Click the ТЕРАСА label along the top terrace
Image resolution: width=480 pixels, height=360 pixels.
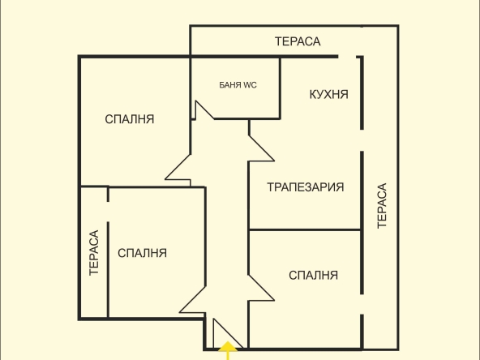[298, 41]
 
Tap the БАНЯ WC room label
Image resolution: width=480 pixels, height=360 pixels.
[238, 84]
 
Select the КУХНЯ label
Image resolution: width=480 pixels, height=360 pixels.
[328, 95]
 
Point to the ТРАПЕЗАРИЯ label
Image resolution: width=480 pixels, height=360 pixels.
[306, 187]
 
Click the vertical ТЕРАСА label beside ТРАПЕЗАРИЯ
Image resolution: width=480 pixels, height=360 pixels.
[382, 206]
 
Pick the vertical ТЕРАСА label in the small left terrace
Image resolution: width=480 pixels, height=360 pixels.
[93, 253]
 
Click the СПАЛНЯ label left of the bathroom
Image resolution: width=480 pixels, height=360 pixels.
[130, 119]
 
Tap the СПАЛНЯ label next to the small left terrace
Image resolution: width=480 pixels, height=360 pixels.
[142, 253]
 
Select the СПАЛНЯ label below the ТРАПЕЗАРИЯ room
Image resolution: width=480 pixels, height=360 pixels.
[313, 275]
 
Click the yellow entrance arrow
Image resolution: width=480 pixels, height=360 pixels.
[229, 350]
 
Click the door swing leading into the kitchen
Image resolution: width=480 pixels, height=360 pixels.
[261, 147]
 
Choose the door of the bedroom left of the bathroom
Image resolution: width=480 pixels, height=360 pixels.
[178, 168]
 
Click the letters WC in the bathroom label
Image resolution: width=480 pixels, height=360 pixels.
[250, 84]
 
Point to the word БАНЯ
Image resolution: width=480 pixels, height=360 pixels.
[230, 84]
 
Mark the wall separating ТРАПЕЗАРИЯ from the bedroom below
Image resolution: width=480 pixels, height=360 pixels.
[304, 229]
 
